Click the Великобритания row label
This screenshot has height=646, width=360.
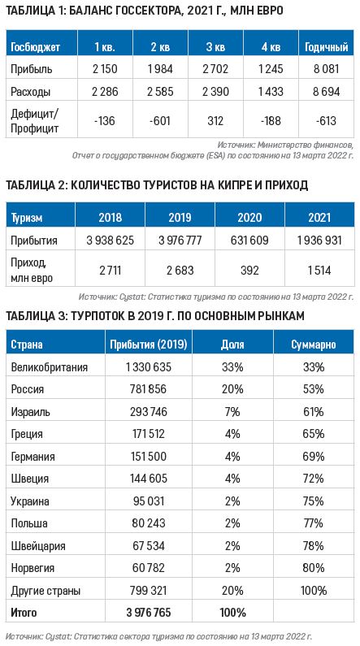coord(50,367)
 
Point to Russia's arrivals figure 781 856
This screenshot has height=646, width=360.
coord(147,389)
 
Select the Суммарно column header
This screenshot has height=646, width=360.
coord(313,345)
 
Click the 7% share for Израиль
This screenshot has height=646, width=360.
coord(232,412)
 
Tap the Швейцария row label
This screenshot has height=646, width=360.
coord(38,544)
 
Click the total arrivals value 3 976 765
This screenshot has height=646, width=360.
coord(147,609)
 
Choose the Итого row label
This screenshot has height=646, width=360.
coord(24,609)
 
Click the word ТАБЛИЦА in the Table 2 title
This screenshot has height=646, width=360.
coord(29,185)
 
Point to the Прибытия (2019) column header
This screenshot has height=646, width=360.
coord(147,345)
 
